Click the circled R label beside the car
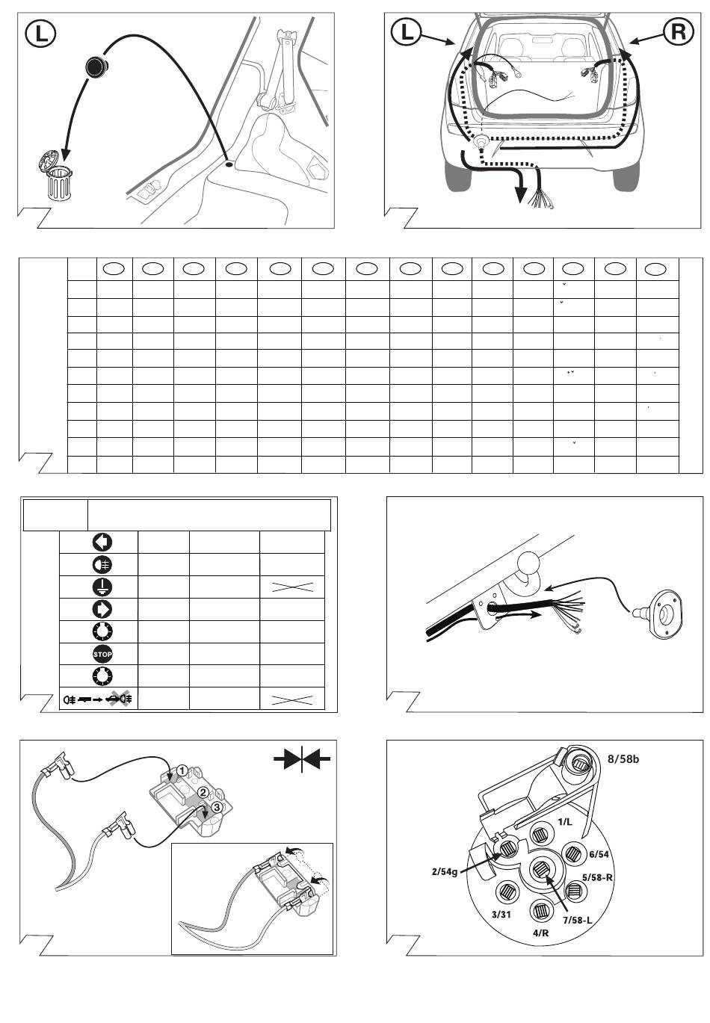[x=678, y=31]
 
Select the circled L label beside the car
[x=406, y=31]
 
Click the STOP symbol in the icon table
[x=102, y=654]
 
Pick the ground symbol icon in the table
[x=102, y=587]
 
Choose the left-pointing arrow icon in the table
[x=102, y=542]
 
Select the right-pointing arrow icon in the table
[x=102, y=609]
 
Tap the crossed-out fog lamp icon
[x=120, y=698]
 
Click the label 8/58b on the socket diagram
[x=623, y=759]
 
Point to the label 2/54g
[x=444, y=872]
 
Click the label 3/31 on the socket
[x=501, y=915]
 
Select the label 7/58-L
[x=577, y=920]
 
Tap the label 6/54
[x=599, y=854]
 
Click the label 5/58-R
[x=597, y=877]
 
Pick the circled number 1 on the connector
[x=182, y=770]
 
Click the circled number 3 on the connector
[x=217, y=807]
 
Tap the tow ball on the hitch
[x=528, y=560]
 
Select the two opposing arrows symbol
[x=302, y=758]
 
